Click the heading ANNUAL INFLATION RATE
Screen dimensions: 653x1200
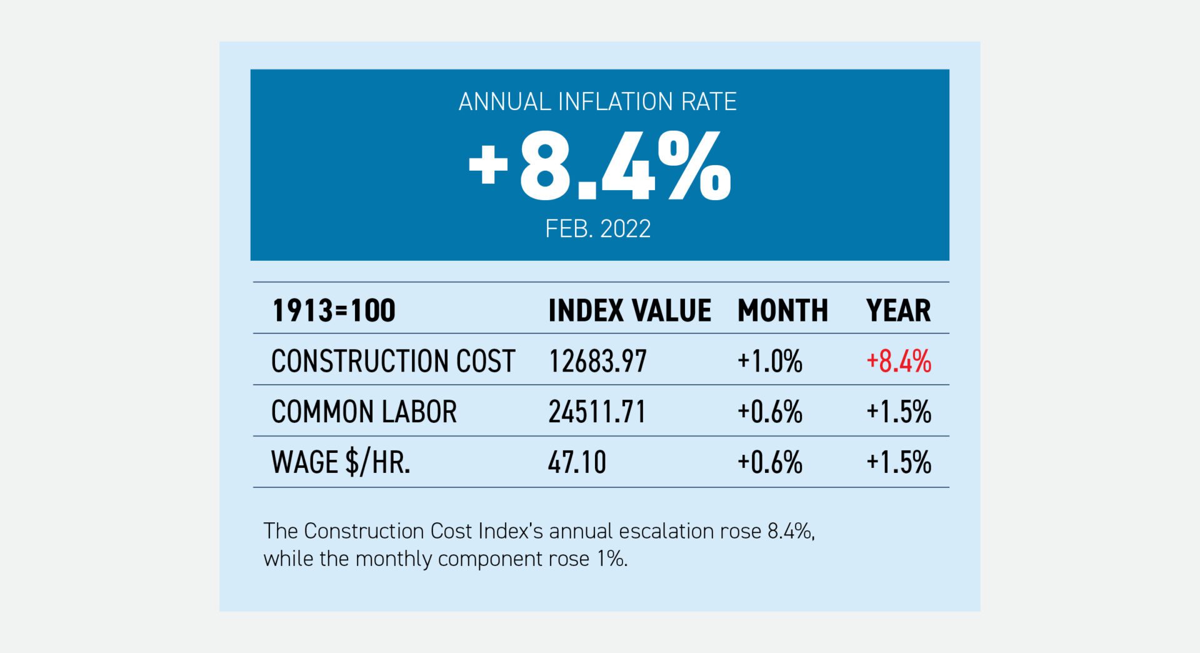coord(597,102)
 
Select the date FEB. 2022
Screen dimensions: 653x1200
coord(597,229)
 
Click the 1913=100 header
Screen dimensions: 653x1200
coord(334,311)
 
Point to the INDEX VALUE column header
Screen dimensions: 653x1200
coord(629,311)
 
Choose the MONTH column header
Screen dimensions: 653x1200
coord(782,311)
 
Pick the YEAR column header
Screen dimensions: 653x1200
coord(898,311)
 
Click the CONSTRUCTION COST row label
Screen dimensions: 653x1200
coord(392,362)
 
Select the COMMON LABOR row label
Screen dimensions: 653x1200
coord(364,412)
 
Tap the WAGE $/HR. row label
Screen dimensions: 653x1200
coord(341,463)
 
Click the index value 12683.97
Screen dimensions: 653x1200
coord(597,362)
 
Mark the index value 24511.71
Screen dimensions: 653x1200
coord(597,412)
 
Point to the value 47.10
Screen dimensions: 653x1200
coord(577,463)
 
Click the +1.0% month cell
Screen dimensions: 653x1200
coord(769,362)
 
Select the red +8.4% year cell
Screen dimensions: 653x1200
coord(898,362)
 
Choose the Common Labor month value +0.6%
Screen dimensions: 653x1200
coord(769,412)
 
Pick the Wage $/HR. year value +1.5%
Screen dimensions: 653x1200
coord(898,463)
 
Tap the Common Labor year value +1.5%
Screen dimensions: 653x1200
coord(898,412)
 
